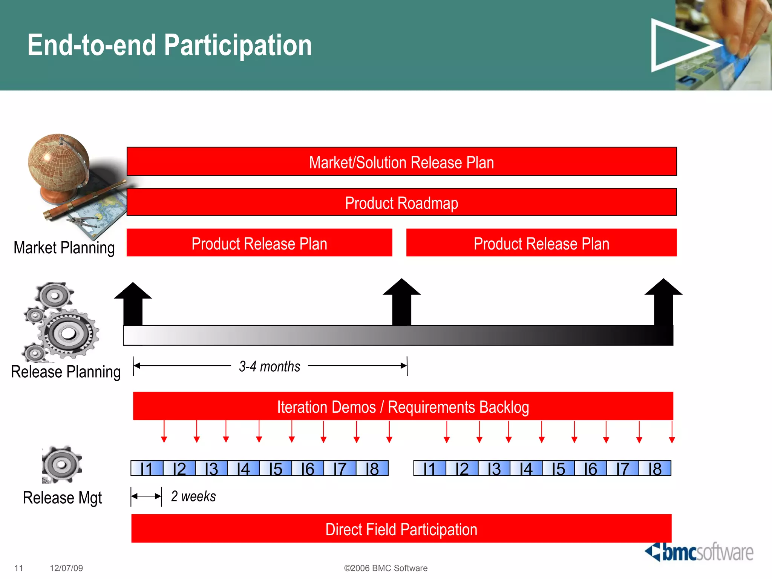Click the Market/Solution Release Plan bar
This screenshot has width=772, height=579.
[401, 162]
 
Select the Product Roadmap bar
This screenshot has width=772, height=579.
[401, 202]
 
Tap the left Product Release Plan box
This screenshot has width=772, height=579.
[259, 243]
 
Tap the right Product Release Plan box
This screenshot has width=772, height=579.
[541, 243]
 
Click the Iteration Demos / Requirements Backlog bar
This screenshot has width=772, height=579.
[403, 406]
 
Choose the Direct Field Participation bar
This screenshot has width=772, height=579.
[401, 529]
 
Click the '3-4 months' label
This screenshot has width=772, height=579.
[270, 366]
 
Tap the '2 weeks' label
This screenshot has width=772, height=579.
[193, 496]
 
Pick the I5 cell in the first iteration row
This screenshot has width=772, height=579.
[276, 469]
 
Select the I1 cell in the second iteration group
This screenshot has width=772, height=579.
[430, 469]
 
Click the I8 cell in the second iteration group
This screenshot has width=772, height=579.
[655, 469]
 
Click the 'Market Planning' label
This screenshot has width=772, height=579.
[64, 248]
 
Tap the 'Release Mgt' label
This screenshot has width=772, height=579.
[63, 498]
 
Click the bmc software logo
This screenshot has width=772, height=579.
[699, 552]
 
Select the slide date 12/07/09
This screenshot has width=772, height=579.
[66, 568]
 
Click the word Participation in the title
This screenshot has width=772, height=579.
[238, 45]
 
